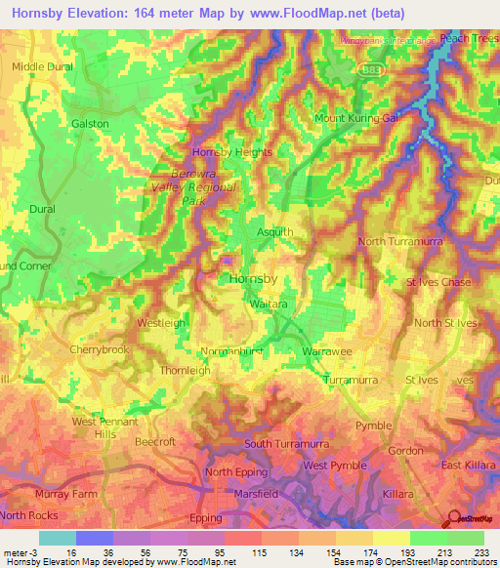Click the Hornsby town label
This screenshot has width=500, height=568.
(x=253, y=278)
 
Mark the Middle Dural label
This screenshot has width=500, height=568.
(x=42, y=66)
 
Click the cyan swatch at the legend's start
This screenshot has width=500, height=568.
(x=58, y=538)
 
